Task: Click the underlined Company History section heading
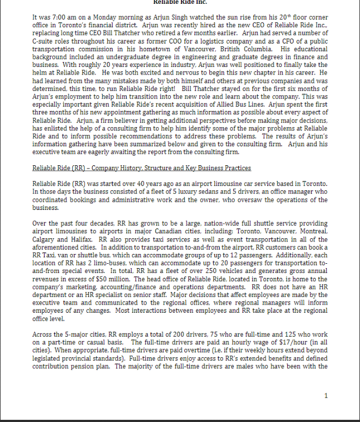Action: [x=141, y=168]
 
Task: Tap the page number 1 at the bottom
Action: [x=326, y=395]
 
